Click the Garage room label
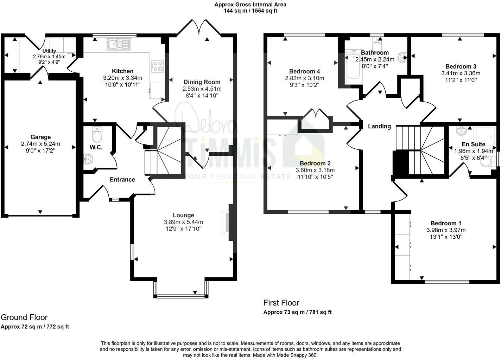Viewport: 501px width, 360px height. [40, 137]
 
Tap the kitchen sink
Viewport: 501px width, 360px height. [119, 44]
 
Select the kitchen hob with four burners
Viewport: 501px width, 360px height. [157, 66]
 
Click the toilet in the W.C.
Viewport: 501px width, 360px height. [96, 134]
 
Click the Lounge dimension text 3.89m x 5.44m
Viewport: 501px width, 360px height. [183, 222]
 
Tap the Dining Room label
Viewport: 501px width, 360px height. [202, 82]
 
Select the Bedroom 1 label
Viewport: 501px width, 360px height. [446, 223]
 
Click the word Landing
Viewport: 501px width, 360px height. [379, 127]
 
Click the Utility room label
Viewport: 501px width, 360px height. [49, 51]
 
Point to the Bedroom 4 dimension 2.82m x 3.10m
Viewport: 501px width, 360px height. [305, 78]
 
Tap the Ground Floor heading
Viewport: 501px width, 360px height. [24, 317]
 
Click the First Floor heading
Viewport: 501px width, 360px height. [281, 303]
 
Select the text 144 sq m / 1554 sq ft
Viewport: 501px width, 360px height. [250, 11]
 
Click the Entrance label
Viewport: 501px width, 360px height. [122, 180]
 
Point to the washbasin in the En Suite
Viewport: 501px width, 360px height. [461, 131]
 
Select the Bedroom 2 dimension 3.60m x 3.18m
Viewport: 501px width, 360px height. [315, 170]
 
